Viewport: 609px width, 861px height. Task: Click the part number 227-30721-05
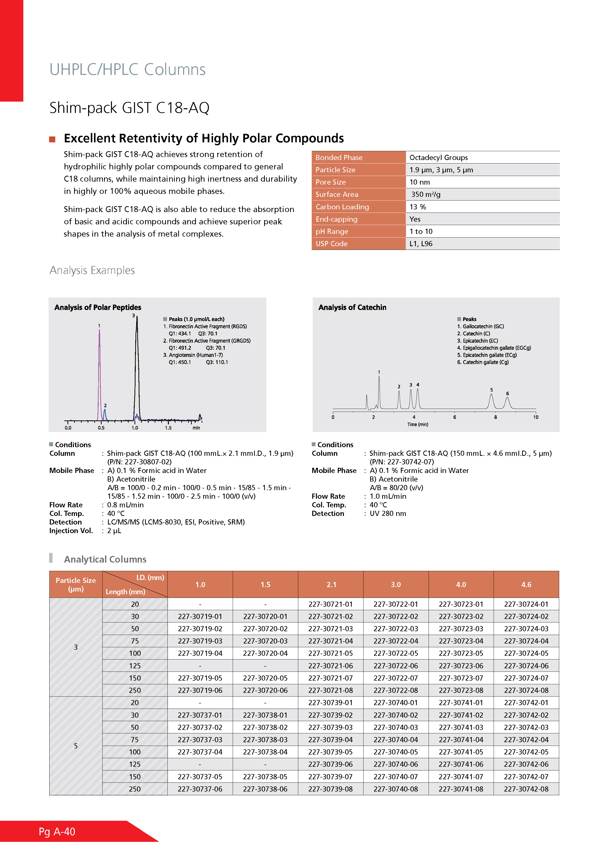[330, 653]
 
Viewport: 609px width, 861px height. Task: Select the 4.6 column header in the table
[526, 584]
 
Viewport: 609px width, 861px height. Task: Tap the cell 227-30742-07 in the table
[526, 777]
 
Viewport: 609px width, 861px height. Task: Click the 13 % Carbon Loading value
[418, 207]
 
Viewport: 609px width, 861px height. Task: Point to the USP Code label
[331, 244]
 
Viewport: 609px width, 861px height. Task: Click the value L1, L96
[421, 244]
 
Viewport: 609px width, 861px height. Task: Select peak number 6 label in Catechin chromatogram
[507, 393]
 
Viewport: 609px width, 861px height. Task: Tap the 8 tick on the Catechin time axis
[495, 417]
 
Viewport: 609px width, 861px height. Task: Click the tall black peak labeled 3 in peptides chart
[137, 367]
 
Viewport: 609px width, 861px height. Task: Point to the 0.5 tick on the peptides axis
[101, 428]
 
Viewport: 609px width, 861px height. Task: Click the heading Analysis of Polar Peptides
[98, 308]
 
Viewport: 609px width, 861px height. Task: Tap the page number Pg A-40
[57, 832]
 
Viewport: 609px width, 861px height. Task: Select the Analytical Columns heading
[105, 560]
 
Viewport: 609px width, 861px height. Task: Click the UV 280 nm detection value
[388, 514]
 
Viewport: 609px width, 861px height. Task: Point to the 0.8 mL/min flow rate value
[125, 505]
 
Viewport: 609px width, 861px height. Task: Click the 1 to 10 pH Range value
[421, 231]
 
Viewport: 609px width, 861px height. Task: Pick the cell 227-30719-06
[200, 690]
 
